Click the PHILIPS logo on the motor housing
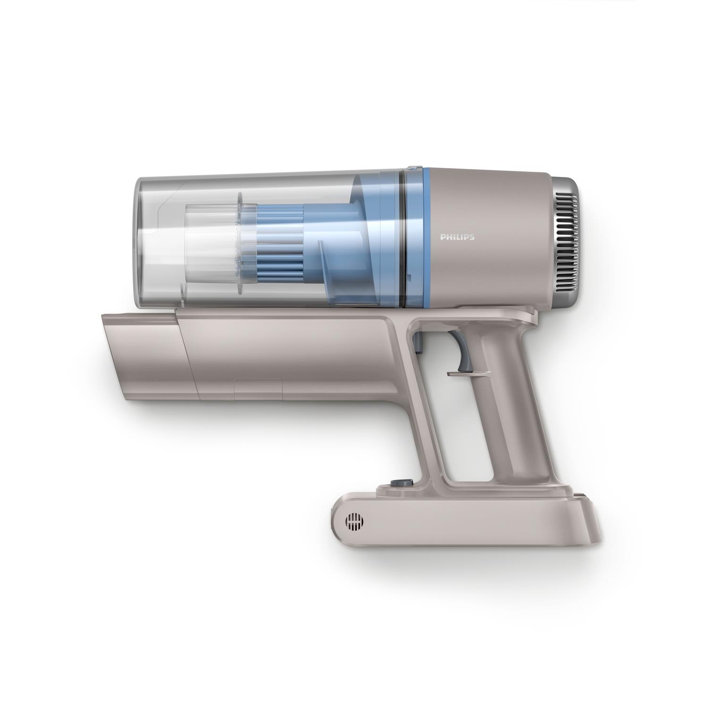[x=457, y=237]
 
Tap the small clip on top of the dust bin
[x=413, y=167]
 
